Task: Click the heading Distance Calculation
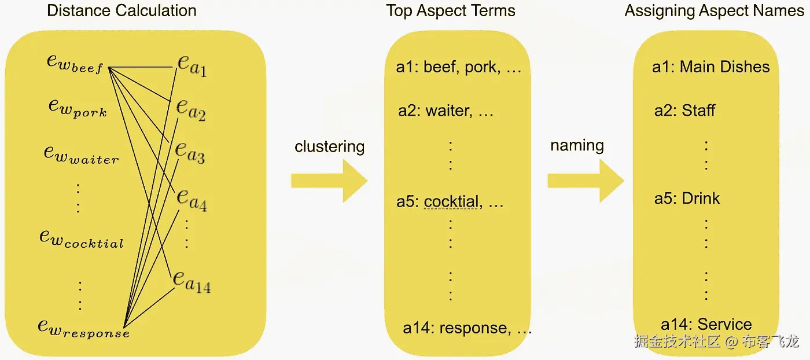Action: (x=122, y=10)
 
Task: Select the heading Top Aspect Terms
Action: (x=451, y=10)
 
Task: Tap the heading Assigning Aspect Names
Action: (x=714, y=10)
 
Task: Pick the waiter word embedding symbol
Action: (x=82, y=155)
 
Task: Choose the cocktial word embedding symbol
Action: (x=82, y=238)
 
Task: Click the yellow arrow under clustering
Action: (x=329, y=181)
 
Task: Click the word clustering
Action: (x=329, y=146)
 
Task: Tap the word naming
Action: (x=577, y=145)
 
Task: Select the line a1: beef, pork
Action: (x=459, y=67)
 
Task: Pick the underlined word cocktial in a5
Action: (x=451, y=202)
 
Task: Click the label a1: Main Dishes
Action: (x=710, y=67)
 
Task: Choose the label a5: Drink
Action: (x=687, y=199)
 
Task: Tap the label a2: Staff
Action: (x=684, y=110)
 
